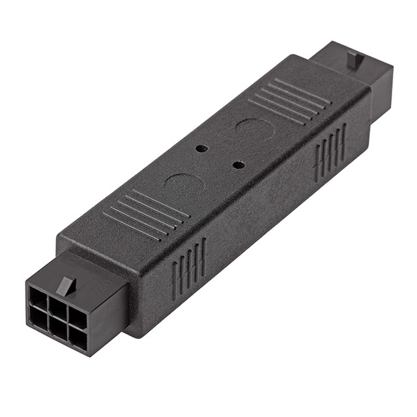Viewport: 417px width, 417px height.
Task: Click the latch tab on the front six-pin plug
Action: tap(66, 283)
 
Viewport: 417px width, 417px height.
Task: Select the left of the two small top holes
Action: tap(201, 148)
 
